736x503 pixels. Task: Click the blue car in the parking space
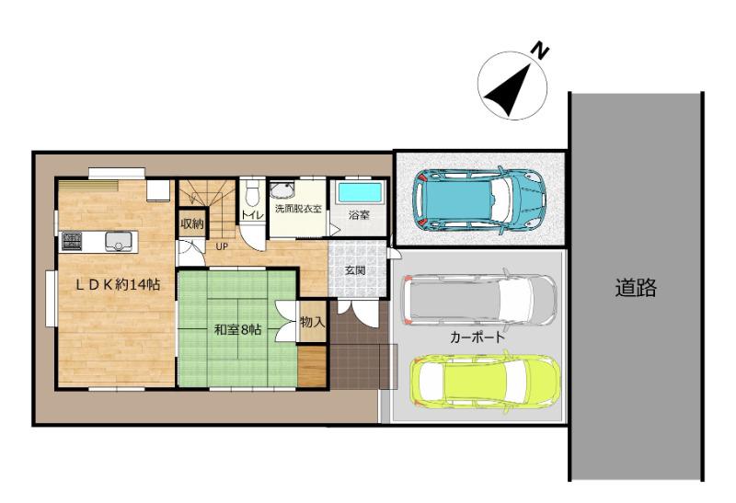pos(479,200)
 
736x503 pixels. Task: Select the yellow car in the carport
pos(486,381)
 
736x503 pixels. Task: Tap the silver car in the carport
pos(479,301)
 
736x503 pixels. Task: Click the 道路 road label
pos(636,287)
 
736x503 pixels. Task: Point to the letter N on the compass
pos(541,51)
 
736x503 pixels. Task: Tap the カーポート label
pos(477,337)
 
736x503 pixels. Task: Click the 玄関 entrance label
pos(355,270)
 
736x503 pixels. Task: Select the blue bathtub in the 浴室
pos(360,192)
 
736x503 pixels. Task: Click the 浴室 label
pos(359,215)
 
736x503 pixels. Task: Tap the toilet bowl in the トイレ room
pos(252,195)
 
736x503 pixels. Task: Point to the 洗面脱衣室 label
pos(298,209)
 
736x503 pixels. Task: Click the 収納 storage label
pos(192,223)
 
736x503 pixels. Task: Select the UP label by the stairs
pos(222,246)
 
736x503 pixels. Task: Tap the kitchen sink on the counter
pos(116,242)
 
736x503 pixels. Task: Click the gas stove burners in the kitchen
pos(72,242)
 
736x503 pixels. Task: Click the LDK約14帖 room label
pos(119,284)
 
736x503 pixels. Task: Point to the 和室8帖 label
pos(237,329)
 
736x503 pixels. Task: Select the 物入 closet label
pos(312,322)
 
